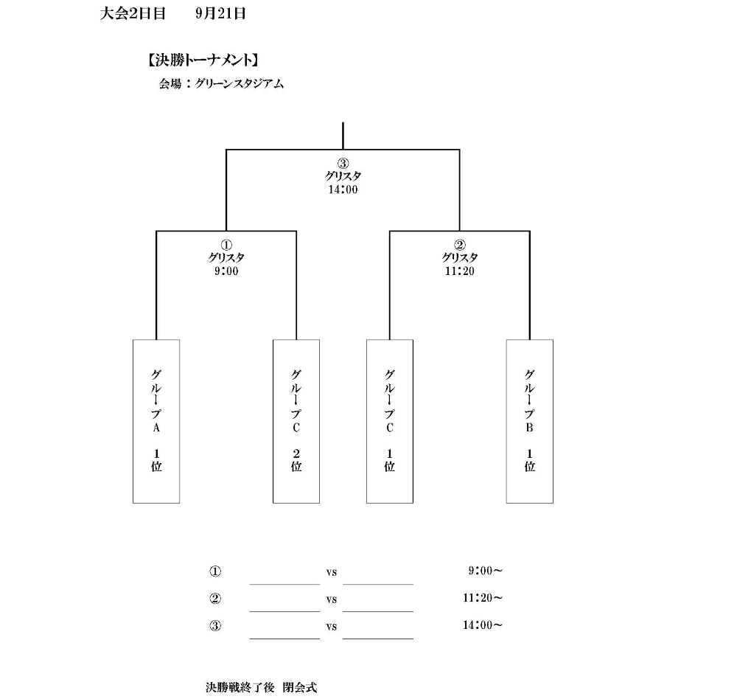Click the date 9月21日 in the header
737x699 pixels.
pyautogui.click(x=220, y=13)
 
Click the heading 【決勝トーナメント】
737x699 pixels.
pyautogui.click(x=203, y=60)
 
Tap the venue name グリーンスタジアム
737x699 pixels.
pyautogui.click(x=240, y=84)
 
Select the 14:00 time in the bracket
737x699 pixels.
pyautogui.click(x=343, y=189)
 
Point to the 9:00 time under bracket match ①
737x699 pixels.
pyautogui.click(x=226, y=271)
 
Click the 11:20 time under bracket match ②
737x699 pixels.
pyautogui.click(x=460, y=271)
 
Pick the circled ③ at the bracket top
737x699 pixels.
pyautogui.click(x=343, y=164)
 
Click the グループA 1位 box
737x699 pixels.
pyautogui.click(x=156, y=421)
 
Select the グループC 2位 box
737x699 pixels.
pyautogui.click(x=296, y=421)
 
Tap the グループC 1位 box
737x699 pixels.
pyautogui.click(x=390, y=421)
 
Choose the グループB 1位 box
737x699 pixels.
pyautogui.click(x=530, y=421)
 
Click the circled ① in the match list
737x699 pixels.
pyautogui.click(x=214, y=571)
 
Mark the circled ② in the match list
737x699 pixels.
pyautogui.click(x=214, y=599)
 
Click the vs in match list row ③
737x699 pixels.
pyautogui.click(x=332, y=627)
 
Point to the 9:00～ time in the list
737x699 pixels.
pyautogui.click(x=486, y=571)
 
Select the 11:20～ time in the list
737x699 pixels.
pyautogui.click(x=483, y=598)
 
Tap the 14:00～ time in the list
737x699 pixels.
pyautogui.click(x=483, y=625)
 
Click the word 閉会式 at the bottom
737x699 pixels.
pyautogui.click(x=300, y=687)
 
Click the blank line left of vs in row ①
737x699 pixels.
pyautogui.click(x=284, y=584)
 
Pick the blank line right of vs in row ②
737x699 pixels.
pyautogui.click(x=378, y=611)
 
